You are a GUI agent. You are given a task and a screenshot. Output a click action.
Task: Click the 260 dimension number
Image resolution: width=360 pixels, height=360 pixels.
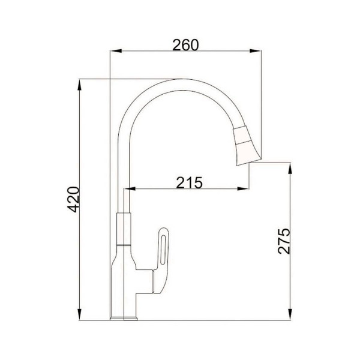(185, 45)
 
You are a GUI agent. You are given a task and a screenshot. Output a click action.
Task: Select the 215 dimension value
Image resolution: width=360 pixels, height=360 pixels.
(190, 183)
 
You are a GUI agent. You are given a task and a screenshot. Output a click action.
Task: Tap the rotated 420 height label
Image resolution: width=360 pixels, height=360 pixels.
(73, 199)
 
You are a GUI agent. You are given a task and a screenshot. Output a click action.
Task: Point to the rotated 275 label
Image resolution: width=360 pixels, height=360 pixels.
(284, 241)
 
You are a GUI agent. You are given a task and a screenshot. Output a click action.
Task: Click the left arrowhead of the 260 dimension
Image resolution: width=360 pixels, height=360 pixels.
(116, 51)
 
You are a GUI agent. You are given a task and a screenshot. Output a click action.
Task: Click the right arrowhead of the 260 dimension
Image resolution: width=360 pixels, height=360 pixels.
(256, 51)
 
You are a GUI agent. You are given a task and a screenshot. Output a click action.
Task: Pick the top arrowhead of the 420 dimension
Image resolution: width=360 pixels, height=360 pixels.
(79, 85)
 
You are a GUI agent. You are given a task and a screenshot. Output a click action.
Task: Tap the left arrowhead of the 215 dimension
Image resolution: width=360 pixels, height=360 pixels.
(130, 189)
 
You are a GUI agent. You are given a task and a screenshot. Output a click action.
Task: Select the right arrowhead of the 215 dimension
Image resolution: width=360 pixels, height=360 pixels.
(243, 189)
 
